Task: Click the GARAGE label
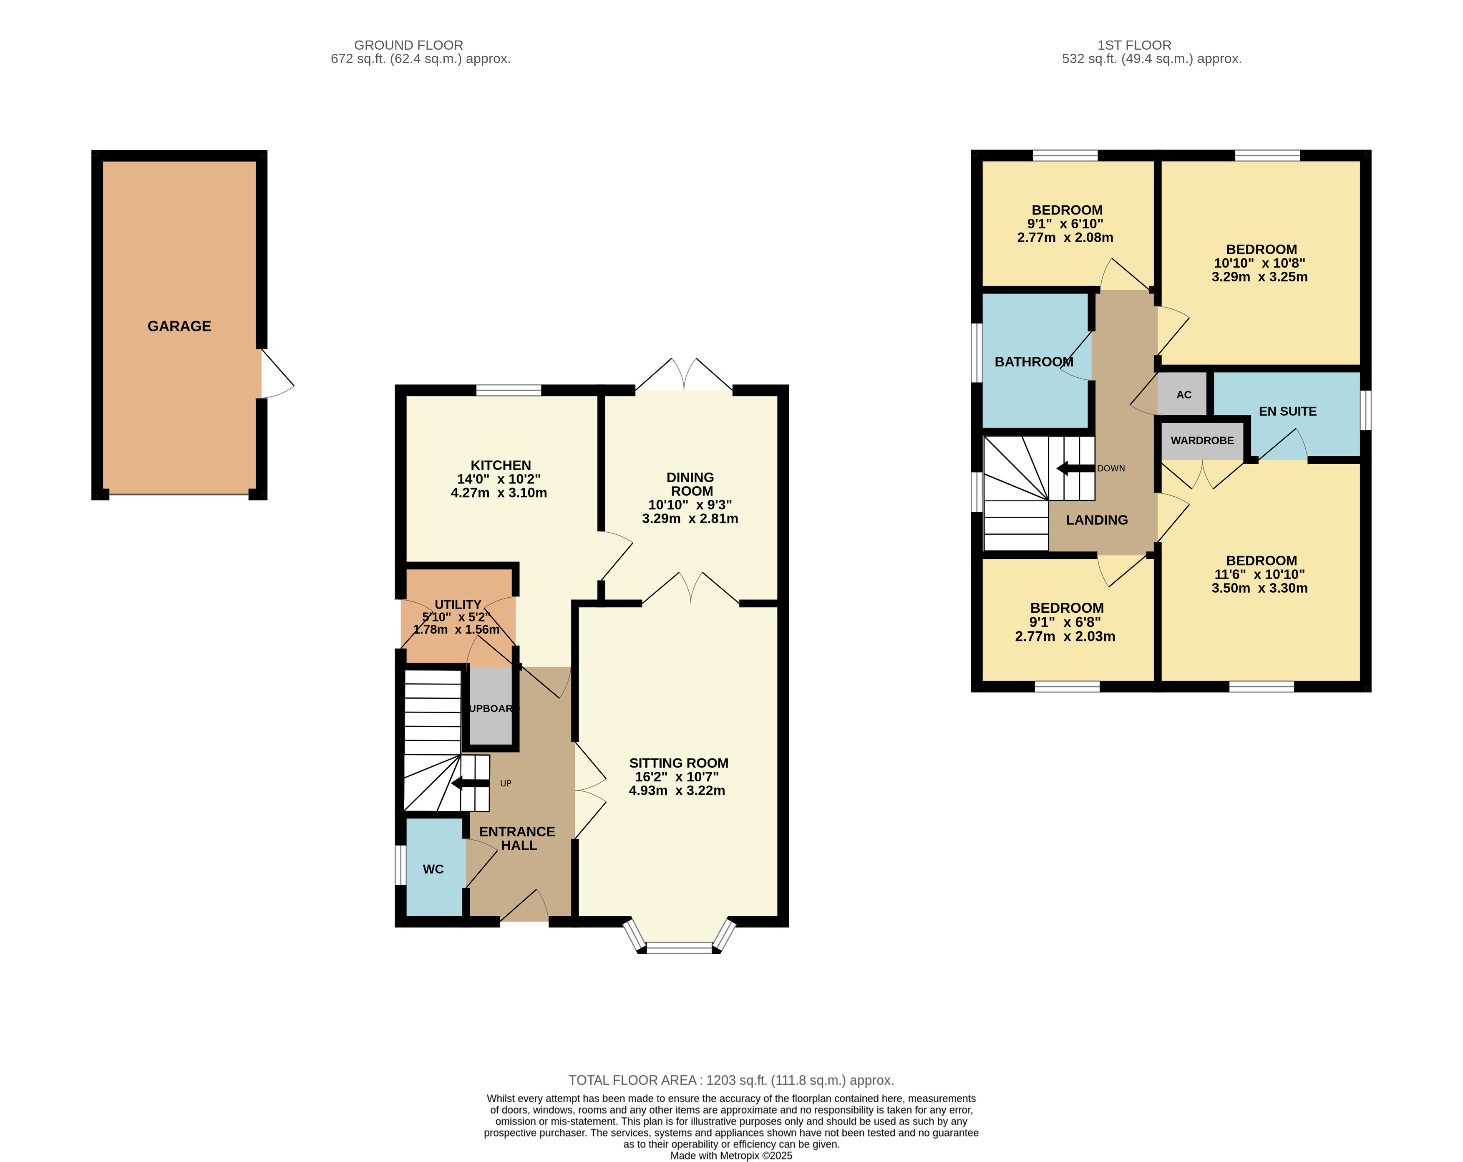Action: [x=179, y=326]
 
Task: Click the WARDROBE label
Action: [x=1202, y=440]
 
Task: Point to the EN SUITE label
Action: [x=1287, y=411]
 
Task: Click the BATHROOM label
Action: [x=1033, y=362]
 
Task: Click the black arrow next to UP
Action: [x=470, y=784]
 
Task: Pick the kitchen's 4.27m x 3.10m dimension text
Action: [x=499, y=493]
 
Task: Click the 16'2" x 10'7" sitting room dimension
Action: [x=677, y=776]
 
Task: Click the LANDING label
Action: [x=1097, y=520]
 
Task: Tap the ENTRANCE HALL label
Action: [x=517, y=838]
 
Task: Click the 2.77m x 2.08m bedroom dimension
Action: [x=1065, y=237]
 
